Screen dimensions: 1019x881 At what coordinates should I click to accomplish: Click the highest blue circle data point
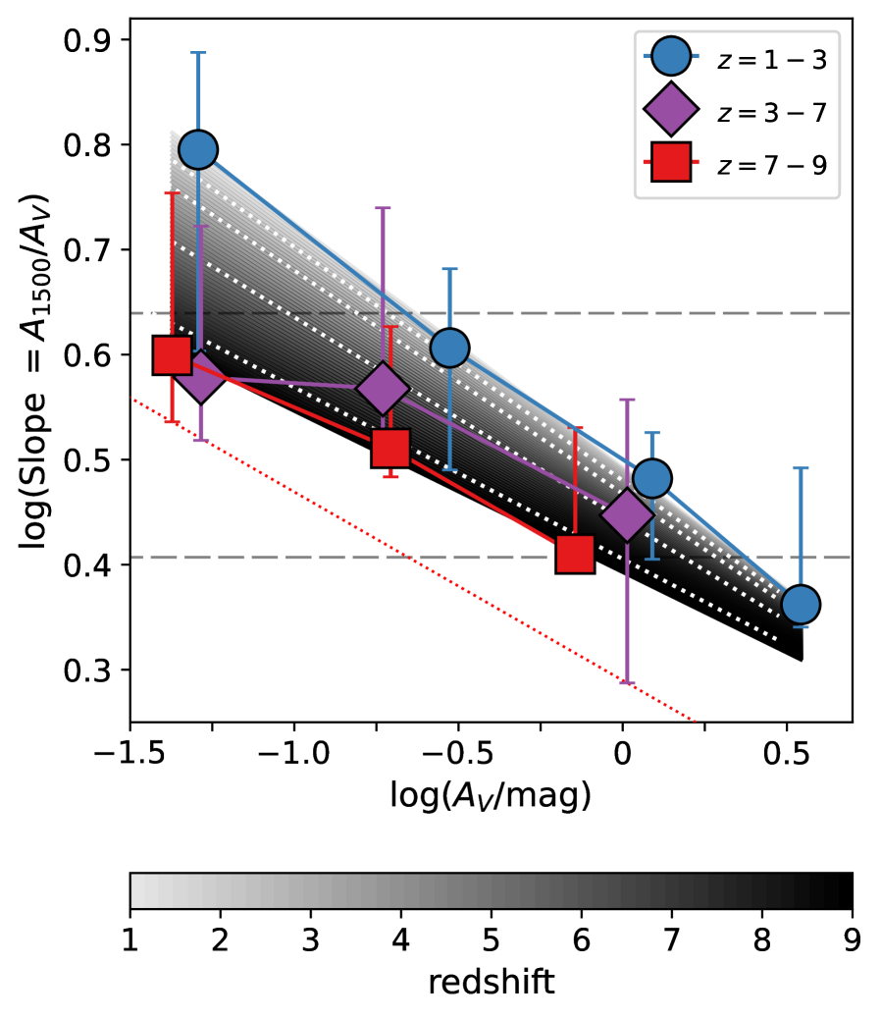coord(198,149)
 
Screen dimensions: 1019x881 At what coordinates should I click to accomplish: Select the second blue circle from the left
coord(449,348)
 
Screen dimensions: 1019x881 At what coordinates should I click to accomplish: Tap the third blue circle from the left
coord(651,478)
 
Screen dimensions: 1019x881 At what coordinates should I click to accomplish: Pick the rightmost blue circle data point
coord(801,604)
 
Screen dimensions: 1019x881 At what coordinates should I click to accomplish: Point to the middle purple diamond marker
coord(383,389)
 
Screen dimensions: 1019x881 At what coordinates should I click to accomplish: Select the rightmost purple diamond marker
coord(627,515)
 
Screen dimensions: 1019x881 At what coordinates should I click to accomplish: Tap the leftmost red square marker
coord(172,354)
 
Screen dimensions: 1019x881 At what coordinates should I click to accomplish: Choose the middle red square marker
coord(390,448)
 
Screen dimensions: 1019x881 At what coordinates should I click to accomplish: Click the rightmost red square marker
coord(575,554)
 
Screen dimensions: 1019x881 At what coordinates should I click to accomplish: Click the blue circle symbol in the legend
coord(671,56)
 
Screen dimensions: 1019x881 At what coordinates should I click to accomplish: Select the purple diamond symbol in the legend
coord(671,109)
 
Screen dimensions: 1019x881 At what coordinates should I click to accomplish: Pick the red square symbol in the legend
coord(671,162)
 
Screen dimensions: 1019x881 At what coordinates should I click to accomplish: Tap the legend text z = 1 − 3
coord(772,61)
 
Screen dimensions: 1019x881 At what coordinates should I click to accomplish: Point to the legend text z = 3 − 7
coord(772,114)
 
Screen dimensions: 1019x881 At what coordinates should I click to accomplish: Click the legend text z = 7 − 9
coord(772,166)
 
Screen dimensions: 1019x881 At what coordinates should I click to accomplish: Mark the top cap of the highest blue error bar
coord(198,53)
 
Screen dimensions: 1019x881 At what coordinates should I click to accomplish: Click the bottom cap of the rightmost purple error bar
coord(627,682)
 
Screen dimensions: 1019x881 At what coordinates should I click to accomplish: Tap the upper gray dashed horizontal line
coord(687,313)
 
